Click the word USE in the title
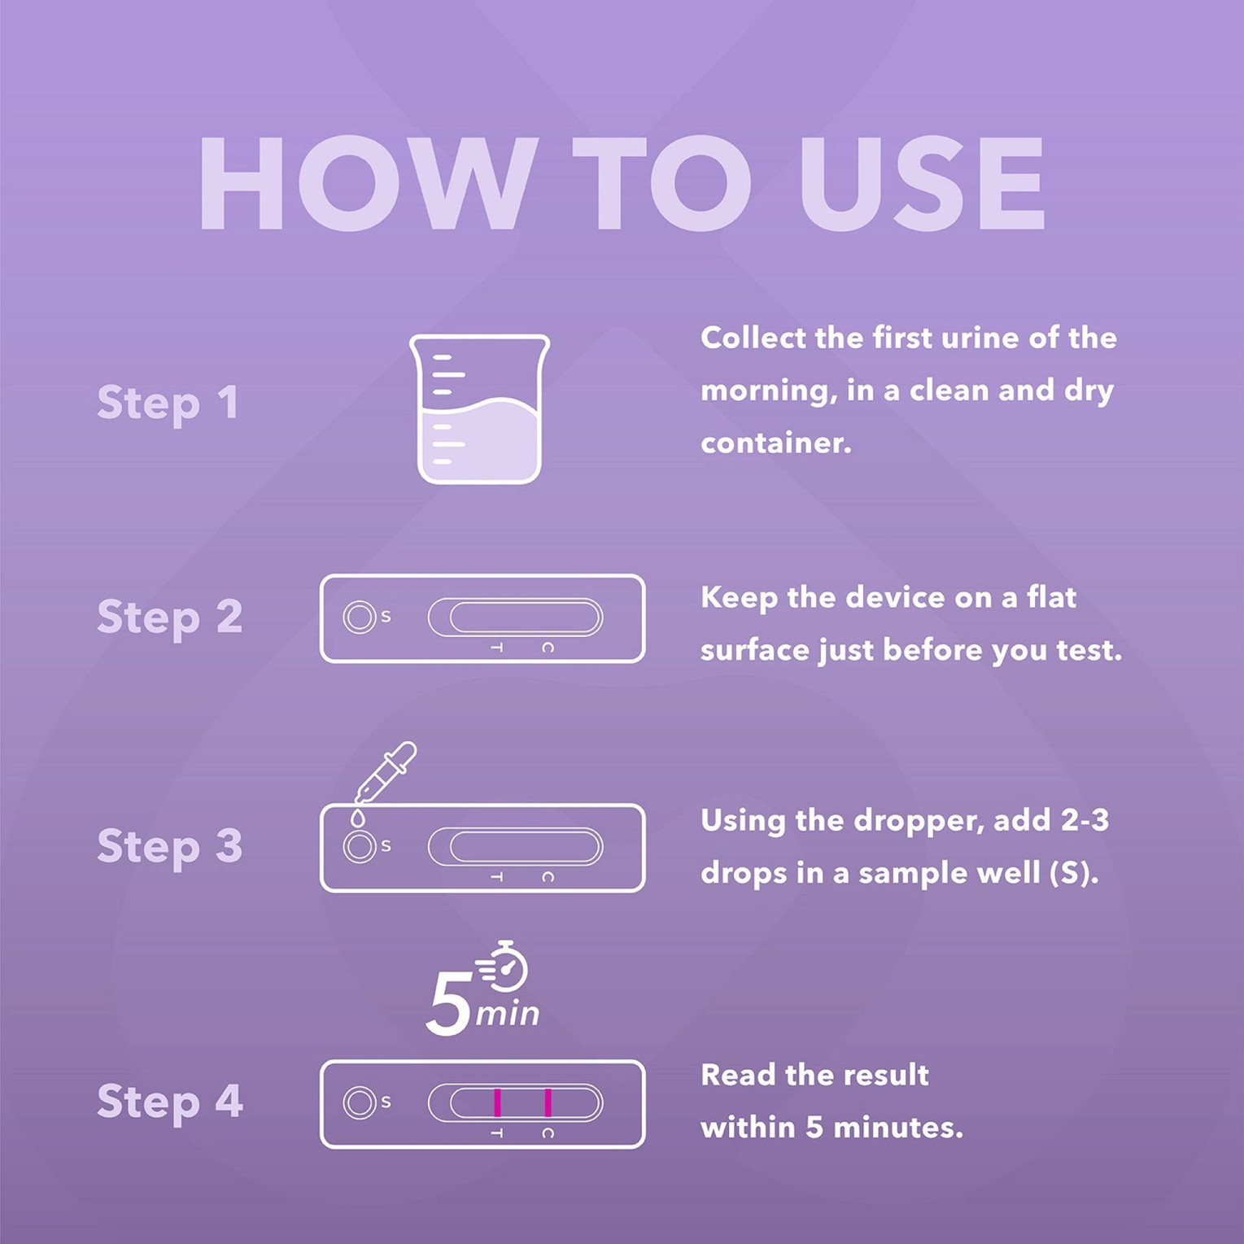922,185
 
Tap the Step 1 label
168,403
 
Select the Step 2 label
169,617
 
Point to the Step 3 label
169,846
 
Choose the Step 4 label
169,1102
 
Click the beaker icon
479,409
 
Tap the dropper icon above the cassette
387,770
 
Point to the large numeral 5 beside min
449,1004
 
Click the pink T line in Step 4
497,1103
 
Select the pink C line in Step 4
548,1103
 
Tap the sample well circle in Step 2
359,618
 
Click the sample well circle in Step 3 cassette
359,847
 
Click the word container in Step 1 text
775,443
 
